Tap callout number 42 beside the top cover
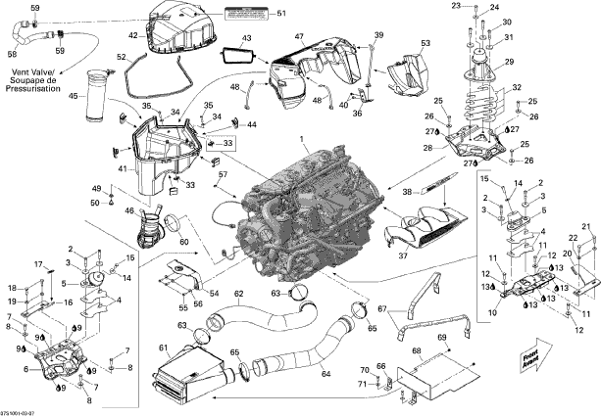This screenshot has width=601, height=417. pos(133,35)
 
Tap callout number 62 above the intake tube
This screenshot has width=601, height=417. pos(238,293)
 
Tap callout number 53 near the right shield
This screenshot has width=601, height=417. pos(425,44)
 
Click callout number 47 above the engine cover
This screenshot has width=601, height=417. pos(299,36)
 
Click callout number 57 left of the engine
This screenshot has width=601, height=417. pos(223,175)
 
